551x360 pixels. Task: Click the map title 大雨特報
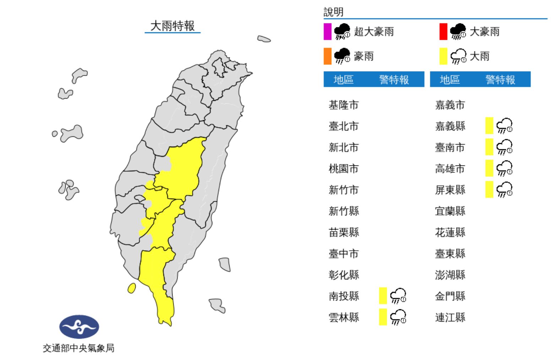pos(173,26)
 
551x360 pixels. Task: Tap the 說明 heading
pos(333,12)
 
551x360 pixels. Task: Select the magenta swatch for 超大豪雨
pos(327,32)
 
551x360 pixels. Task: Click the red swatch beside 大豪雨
pos(443,32)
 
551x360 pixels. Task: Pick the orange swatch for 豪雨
pos(327,56)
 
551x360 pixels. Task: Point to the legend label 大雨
pos(479,56)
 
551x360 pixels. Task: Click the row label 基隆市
pos(343,105)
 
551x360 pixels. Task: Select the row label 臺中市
pos(343,253)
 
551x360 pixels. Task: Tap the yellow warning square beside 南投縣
pos(383,296)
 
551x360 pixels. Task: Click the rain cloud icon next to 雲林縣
pos(398,317)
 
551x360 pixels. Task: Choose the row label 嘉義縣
pos(450,126)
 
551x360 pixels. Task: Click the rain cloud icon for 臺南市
pos(504,147)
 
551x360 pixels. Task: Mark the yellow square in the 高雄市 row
pos(489,168)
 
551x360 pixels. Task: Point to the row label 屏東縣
pos(450,190)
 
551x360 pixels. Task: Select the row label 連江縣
pos(450,317)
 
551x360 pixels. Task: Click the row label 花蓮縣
pos(450,232)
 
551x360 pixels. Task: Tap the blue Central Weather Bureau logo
pos(79,327)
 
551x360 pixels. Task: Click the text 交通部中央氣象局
pos(78,348)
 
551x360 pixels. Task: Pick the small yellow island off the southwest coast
pos(131,288)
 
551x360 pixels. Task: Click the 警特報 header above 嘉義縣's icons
pos(500,80)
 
